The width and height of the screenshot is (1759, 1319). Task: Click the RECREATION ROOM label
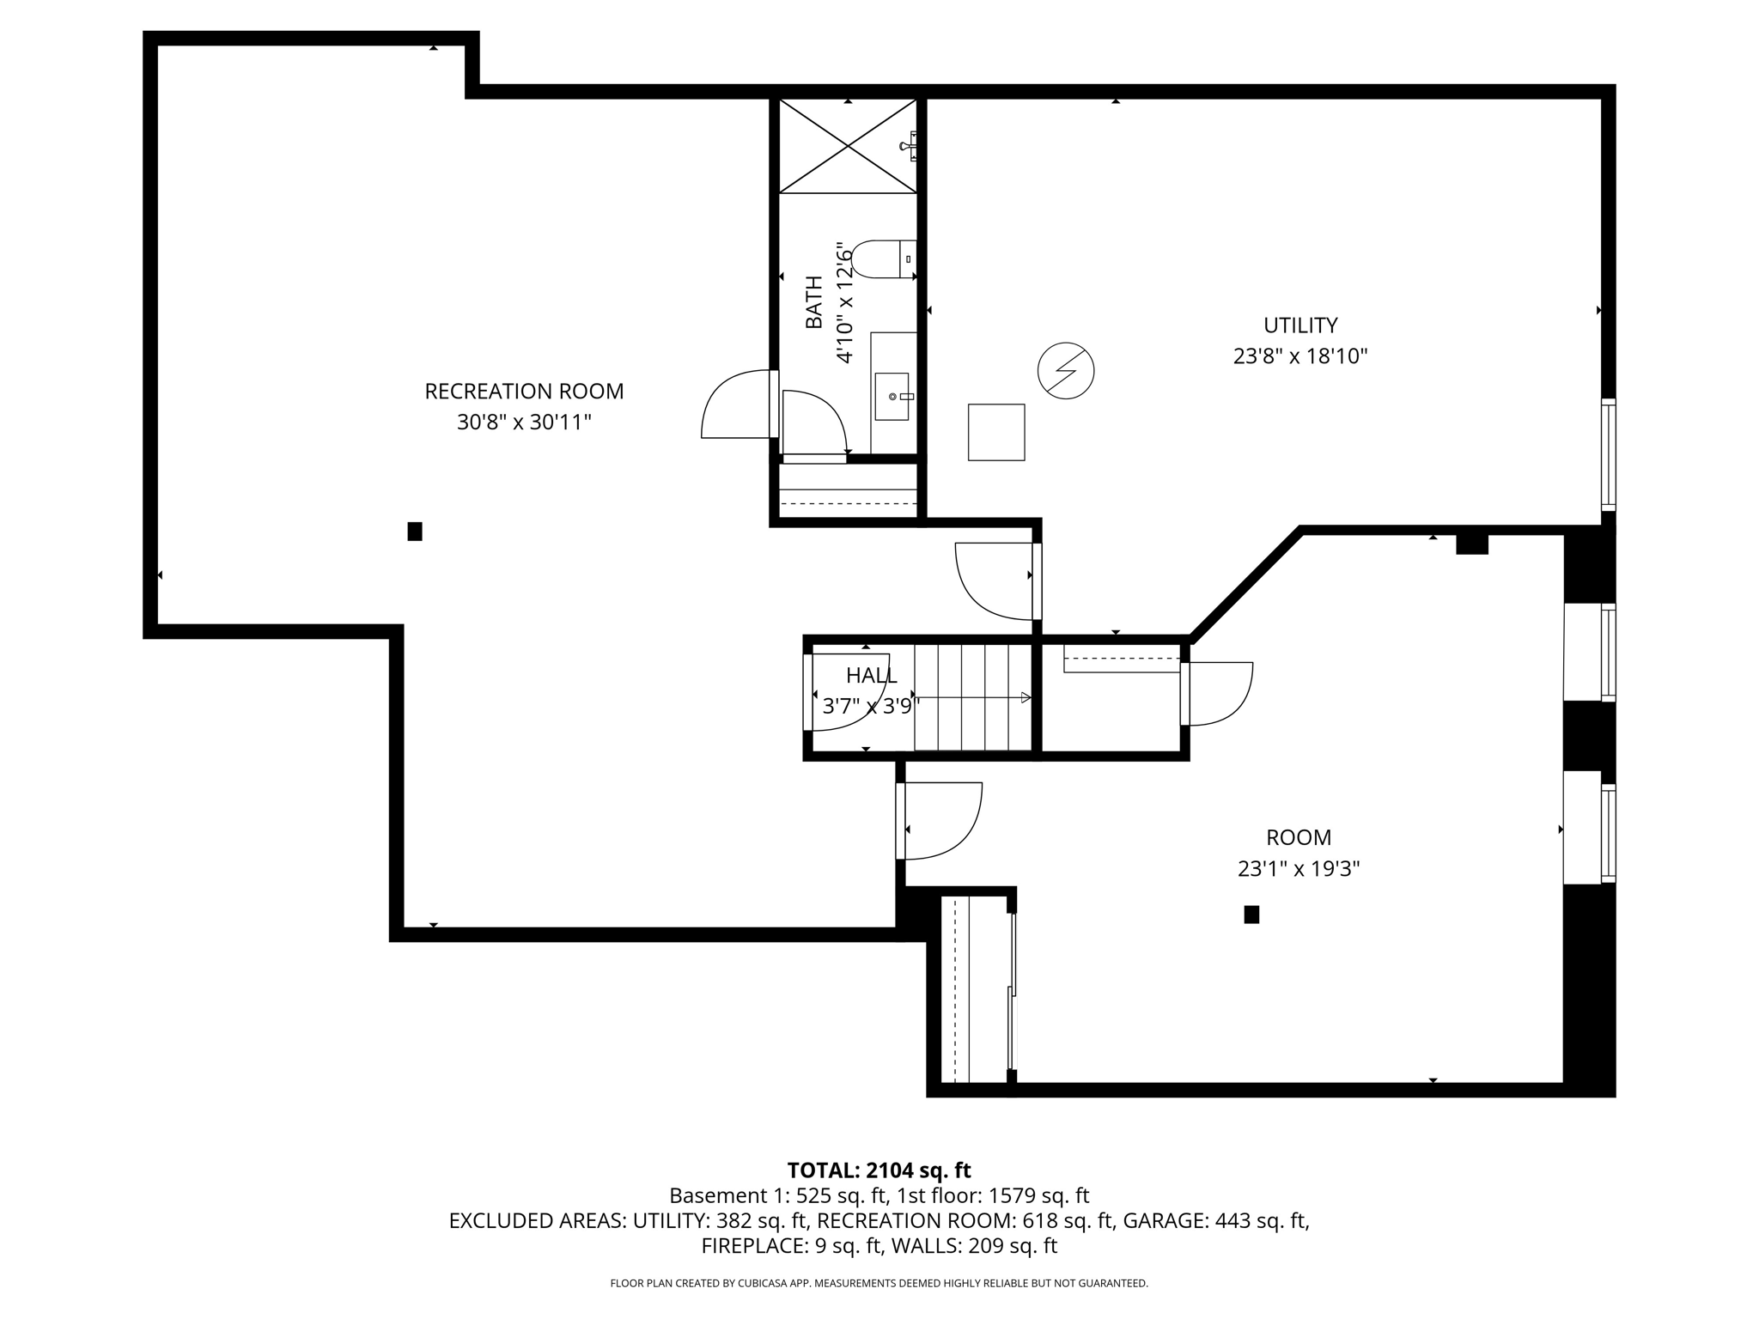pos(524,392)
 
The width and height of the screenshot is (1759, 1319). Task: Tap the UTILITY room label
pos(1299,325)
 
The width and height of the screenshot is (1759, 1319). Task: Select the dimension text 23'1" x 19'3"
pos(1298,869)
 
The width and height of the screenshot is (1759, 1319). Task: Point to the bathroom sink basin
pos(892,397)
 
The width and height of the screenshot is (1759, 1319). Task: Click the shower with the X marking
pos(848,146)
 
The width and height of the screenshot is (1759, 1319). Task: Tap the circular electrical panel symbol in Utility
pos(1065,371)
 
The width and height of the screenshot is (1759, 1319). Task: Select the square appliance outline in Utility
pos(996,432)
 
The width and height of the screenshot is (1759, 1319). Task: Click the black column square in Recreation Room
pos(415,532)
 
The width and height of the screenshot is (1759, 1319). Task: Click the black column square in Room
pos(1251,915)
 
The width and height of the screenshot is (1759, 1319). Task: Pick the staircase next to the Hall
pos(971,697)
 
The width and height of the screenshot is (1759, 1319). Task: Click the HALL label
pos(871,676)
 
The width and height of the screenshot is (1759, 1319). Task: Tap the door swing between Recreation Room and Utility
pos(996,581)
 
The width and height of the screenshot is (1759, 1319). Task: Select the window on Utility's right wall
pos(1608,454)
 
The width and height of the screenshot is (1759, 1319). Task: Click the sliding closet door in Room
pos(1012,993)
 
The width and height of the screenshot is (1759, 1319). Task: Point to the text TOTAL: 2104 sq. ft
pos(879,1170)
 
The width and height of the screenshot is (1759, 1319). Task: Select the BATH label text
pos(813,302)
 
